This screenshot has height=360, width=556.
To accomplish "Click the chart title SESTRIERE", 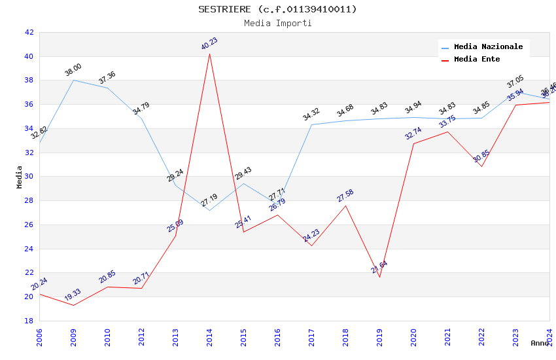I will point(277,9).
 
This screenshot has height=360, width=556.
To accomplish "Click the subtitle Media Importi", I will point(277,23).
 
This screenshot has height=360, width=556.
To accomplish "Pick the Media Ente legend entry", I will point(477,60).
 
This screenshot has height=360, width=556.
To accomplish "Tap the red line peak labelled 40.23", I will point(209,53).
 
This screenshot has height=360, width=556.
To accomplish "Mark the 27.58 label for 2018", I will point(345,195).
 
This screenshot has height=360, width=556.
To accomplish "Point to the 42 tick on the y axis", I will point(29,32).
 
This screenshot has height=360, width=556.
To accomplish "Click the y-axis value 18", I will point(29,321).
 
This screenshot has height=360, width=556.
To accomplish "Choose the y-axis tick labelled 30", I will point(29,177).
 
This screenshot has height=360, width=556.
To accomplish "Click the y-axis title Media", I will point(20,177).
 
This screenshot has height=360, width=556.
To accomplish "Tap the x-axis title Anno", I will point(540,343).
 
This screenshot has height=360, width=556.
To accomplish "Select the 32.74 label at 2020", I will point(413,134).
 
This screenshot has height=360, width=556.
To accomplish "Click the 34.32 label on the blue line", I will point(311,115).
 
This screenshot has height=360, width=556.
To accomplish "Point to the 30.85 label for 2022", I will point(481,156).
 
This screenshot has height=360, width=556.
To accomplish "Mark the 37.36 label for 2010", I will point(107,78).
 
